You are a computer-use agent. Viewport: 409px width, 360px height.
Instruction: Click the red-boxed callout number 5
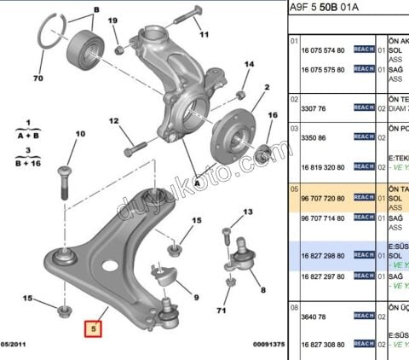point(91,325)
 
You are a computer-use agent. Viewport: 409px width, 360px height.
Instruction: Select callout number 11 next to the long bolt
point(204,38)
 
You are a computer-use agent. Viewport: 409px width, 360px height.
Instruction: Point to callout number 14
point(249,65)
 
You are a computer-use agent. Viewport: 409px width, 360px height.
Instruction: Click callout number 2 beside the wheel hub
point(267,87)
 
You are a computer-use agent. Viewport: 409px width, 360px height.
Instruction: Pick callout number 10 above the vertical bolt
point(81,135)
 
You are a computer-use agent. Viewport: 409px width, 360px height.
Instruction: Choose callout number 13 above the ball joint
point(249,211)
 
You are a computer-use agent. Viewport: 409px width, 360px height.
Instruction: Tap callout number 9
point(195,298)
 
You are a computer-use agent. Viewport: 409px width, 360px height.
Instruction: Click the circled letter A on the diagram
point(197,182)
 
